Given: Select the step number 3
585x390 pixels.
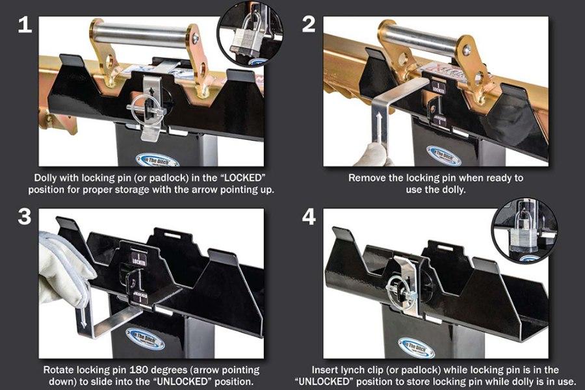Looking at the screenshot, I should [x=24, y=216].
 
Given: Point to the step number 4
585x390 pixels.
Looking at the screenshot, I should [x=309, y=216].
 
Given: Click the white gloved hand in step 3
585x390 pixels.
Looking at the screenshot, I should [x=62, y=267].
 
